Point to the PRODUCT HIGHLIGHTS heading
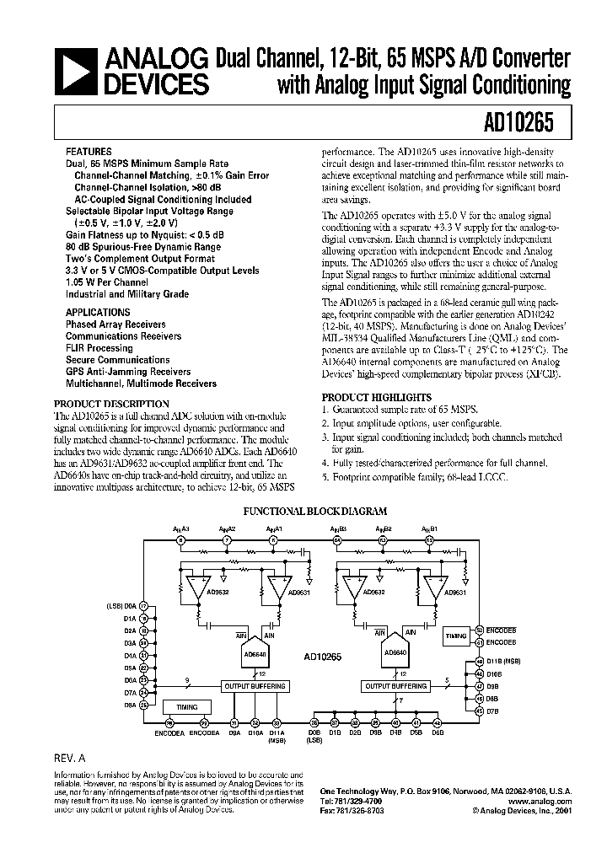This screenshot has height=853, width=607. [376, 397]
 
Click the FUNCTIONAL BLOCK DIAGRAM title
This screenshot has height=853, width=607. [314, 511]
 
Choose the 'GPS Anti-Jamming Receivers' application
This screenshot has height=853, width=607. [128, 372]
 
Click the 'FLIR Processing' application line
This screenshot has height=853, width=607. [99, 348]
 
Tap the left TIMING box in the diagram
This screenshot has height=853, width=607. [187, 706]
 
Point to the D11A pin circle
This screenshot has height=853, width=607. [276, 722]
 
